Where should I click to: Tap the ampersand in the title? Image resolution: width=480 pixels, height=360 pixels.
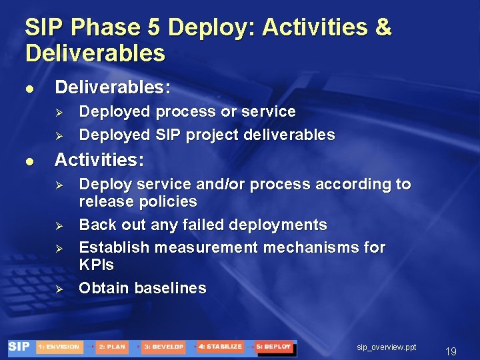tap(383, 28)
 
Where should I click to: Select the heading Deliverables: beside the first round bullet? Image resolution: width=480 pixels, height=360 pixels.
tap(112, 87)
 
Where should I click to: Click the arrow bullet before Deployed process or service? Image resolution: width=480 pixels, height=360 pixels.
tap(58, 112)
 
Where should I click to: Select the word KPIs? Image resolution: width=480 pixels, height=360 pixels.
tap(96, 265)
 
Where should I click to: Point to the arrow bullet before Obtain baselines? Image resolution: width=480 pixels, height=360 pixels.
tap(58, 289)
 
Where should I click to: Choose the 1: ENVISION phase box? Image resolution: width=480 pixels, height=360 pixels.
tap(58, 347)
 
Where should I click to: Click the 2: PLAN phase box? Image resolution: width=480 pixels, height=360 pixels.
tap(111, 347)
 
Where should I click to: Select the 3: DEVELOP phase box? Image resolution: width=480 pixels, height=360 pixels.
tap(163, 347)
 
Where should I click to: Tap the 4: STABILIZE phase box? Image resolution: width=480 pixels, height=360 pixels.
tap(219, 347)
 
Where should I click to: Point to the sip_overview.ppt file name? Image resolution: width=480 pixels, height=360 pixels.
tap(387, 347)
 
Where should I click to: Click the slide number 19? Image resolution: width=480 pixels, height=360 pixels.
tap(451, 351)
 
